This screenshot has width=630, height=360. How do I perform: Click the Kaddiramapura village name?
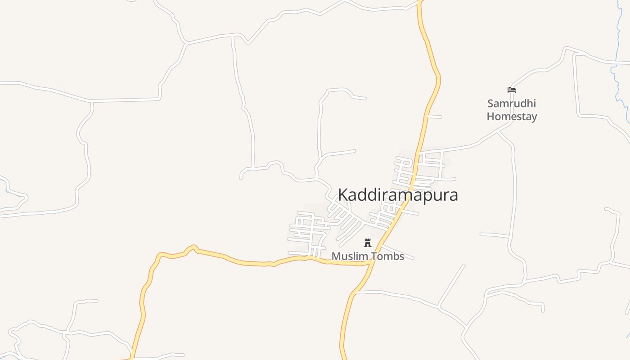398,195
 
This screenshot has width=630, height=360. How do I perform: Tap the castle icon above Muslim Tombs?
368,243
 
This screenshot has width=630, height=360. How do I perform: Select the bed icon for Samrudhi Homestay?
511,90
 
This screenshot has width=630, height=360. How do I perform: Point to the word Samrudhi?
512,103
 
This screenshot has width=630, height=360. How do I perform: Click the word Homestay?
512,117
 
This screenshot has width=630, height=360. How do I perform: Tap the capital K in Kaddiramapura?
342,195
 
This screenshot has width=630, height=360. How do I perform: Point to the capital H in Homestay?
491,117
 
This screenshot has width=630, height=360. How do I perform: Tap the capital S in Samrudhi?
490,103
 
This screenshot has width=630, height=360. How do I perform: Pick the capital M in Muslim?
336,256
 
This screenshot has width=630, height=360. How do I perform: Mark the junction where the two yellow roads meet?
372,261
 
